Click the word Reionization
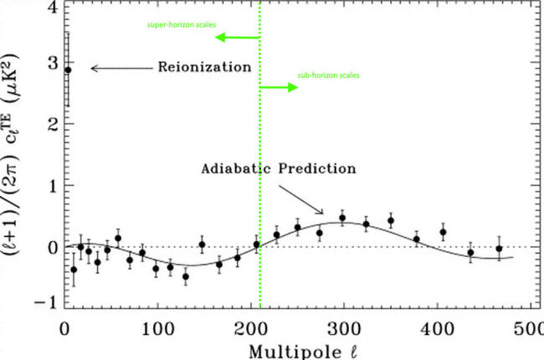coord(204,66)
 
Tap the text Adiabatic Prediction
coord(279,168)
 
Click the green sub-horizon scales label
coord(328,75)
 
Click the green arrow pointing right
coord(279,87)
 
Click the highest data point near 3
coord(68,70)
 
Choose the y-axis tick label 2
coord(52,125)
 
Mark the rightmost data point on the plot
coord(499,249)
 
